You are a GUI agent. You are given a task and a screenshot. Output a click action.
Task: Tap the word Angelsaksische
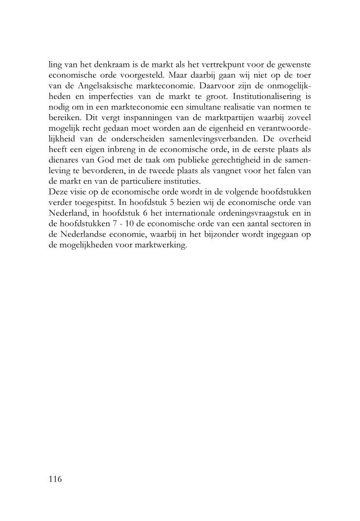click(98, 86)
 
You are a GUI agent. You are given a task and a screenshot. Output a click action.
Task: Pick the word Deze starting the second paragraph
click(59, 194)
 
